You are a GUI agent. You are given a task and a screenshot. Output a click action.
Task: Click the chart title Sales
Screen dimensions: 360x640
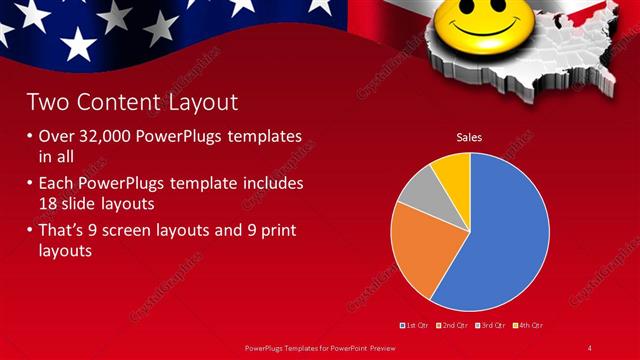tap(470, 137)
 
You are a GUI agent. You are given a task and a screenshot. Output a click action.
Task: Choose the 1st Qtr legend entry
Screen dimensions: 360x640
tap(415, 325)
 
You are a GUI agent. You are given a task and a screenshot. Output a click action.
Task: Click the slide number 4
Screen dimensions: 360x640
tap(590, 347)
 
